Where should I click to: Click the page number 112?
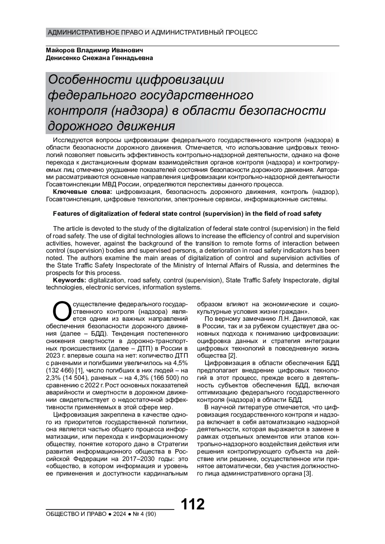(193, 504)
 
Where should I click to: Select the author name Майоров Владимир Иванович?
(95, 51)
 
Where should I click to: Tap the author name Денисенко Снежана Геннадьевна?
(99, 58)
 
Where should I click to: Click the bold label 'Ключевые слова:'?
(82, 192)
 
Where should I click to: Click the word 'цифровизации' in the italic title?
(179, 79)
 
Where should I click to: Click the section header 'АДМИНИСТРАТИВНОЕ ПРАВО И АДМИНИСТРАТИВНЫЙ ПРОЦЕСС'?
(152, 33)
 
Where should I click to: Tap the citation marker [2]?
(232, 356)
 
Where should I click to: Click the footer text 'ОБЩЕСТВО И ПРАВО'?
(76, 514)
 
